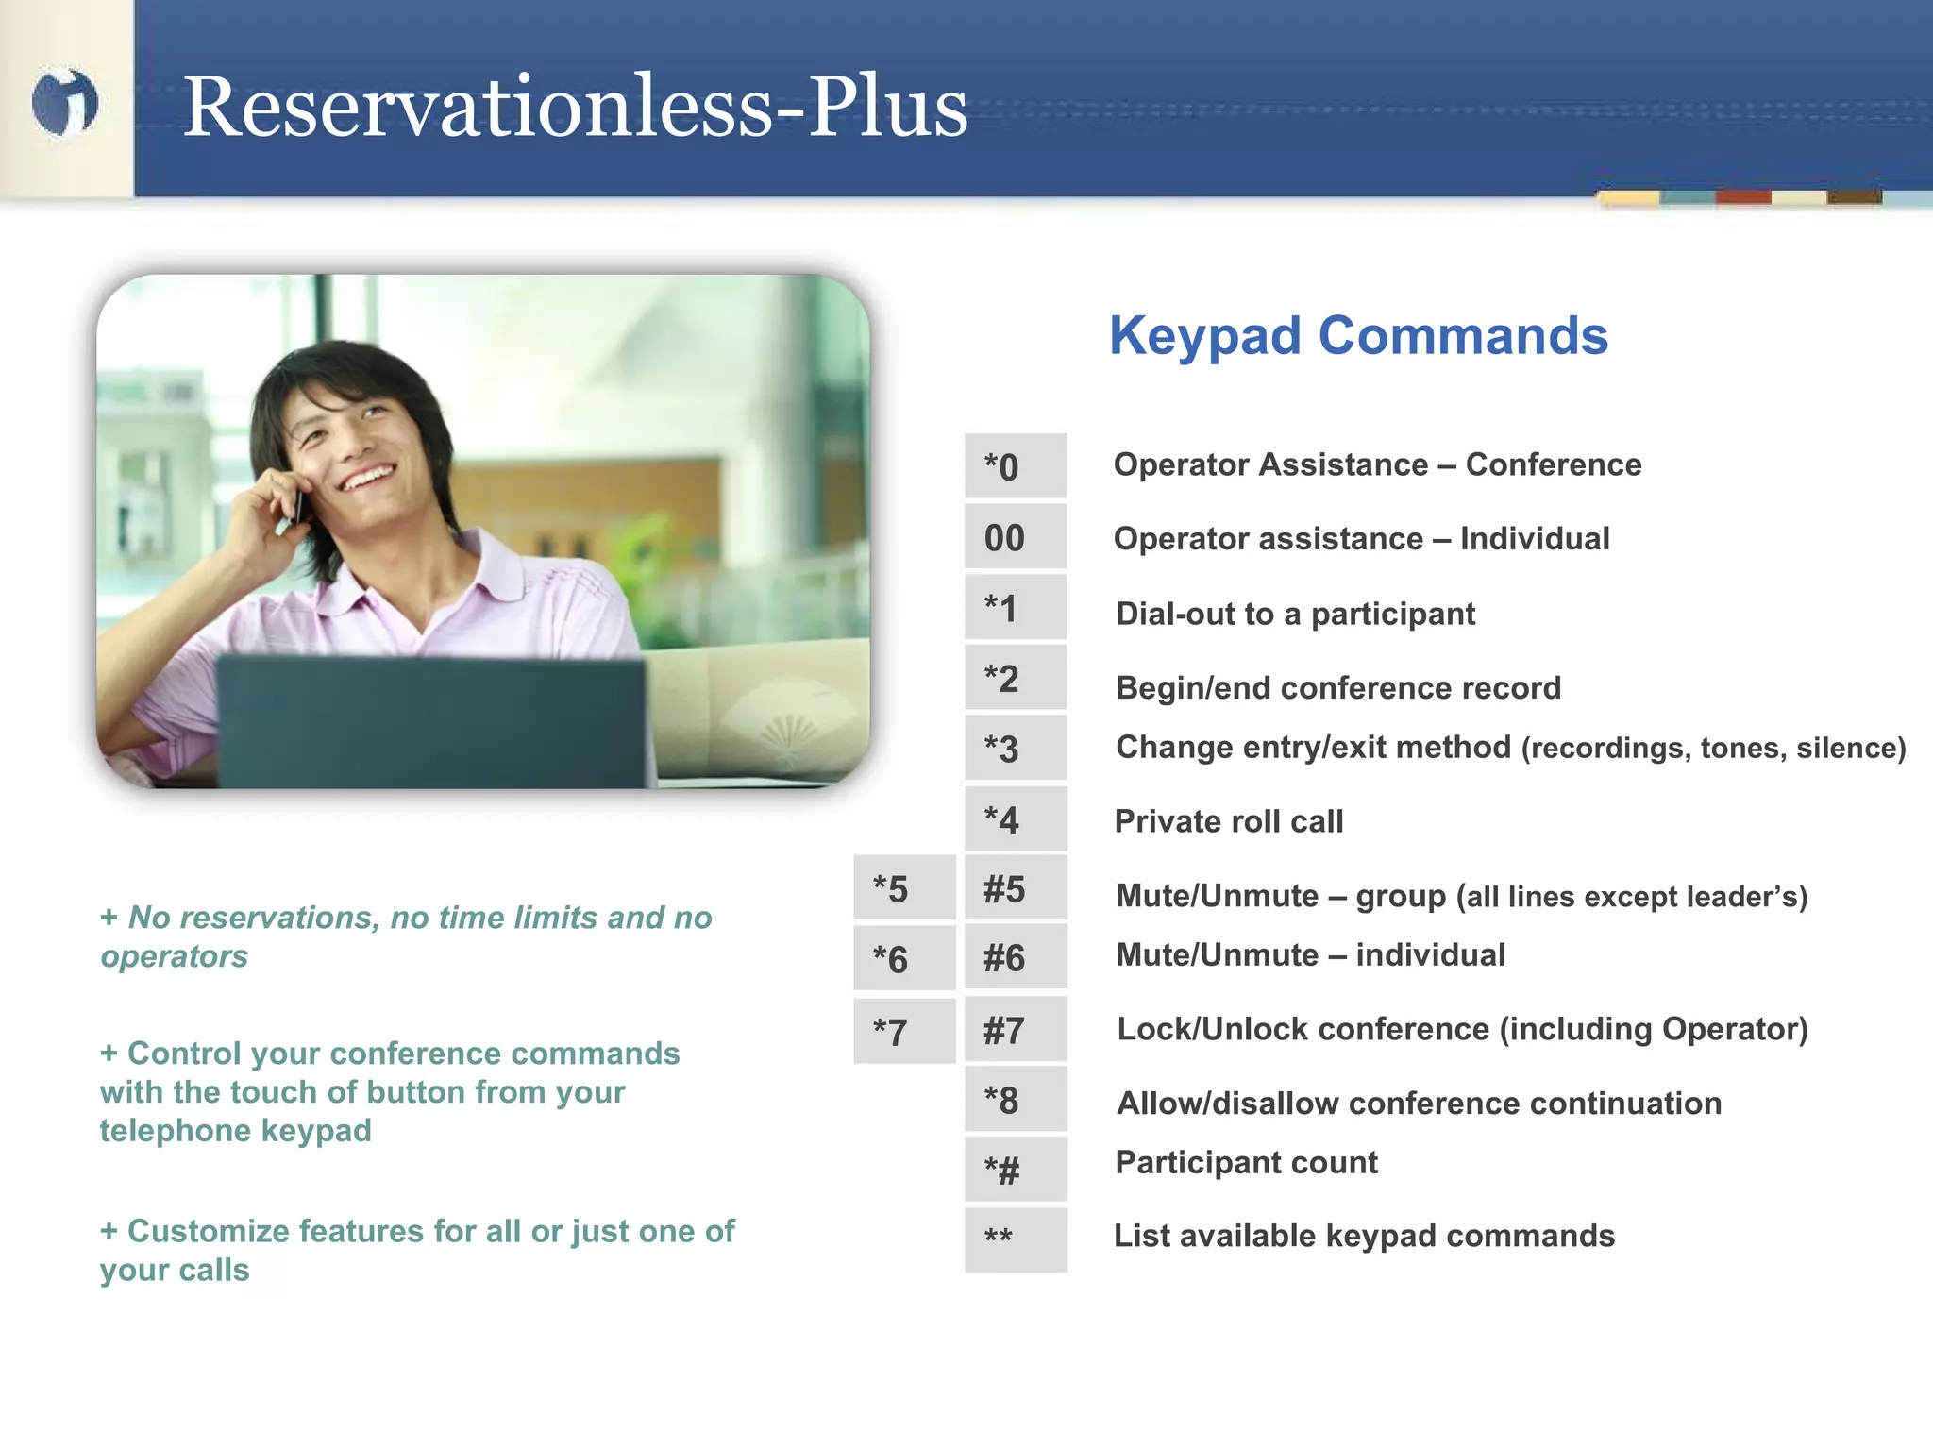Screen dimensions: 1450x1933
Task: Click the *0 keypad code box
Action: pos(1015,466)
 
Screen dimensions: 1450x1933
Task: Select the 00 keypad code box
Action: pos(1015,537)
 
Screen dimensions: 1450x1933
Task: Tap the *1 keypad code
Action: pos(1015,608)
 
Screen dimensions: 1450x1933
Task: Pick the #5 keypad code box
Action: pos(1015,888)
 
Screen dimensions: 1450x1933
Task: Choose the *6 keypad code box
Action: pos(904,958)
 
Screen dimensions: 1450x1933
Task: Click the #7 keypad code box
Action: pos(1015,1029)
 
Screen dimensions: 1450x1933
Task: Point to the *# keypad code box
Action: pos(1015,1170)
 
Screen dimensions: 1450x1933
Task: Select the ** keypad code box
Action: pos(1015,1239)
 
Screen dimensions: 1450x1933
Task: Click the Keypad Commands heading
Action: pos(1358,335)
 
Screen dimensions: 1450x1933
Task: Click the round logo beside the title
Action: pos(64,102)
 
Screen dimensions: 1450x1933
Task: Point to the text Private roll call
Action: pos(1228,821)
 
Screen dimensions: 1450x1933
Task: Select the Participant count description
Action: pos(1246,1162)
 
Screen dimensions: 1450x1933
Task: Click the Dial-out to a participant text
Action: pos(1295,614)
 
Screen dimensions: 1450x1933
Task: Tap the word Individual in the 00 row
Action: pos(1535,538)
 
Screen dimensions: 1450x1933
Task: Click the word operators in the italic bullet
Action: pos(175,956)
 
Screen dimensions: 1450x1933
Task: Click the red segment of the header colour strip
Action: pos(1743,197)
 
